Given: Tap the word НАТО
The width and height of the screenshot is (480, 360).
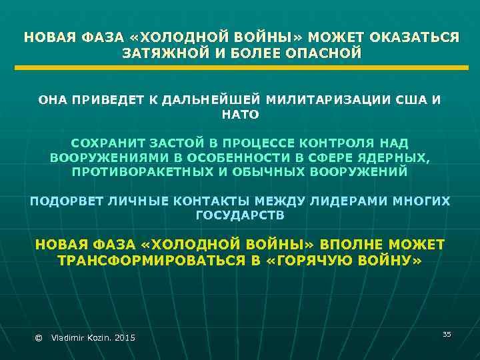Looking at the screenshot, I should click(x=239, y=115).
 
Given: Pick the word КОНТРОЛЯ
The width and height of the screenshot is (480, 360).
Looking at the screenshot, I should click(x=339, y=143).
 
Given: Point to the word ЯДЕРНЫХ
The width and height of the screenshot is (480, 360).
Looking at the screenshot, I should click(x=397, y=157).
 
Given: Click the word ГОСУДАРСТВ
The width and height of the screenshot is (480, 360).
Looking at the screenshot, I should click(x=239, y=215).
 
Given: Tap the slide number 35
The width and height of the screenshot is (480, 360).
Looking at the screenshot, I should click(x=447, y=333).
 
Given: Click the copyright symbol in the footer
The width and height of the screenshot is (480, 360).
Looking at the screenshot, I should click(x=37, y=339).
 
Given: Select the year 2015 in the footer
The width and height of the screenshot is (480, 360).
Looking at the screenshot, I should click(x=125, y=339).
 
